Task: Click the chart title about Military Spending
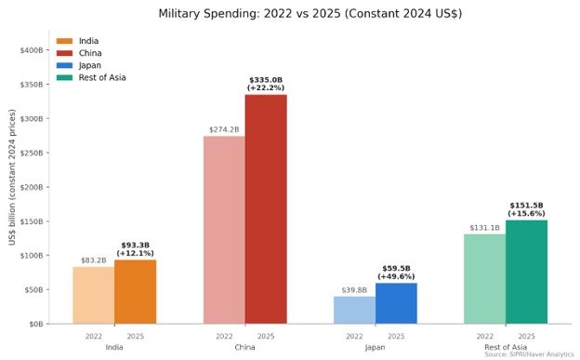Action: click(310, 14)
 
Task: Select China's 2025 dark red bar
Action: click(266, 209)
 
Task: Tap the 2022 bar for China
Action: click(224, 230)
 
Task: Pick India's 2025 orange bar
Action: click(136, 292)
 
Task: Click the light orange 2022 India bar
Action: click(94, 296)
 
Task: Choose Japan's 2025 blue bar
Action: click(396, 303)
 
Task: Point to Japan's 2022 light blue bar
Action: click(355, 311)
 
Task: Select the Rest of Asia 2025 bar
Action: click(526, 273)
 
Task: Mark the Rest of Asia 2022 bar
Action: click(485, 279)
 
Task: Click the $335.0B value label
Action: click(266, 80)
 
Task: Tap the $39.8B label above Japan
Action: click(354, 290)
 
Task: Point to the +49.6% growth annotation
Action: click(396, 276)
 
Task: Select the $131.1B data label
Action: click(485, 228)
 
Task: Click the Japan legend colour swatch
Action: click(64, 65)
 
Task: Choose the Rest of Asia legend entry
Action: click(91, 78)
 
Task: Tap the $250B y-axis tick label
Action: click(32, 153)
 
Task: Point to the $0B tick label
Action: click(36, 325)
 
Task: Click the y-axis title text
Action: click(13, 177)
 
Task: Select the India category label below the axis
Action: click(114, 347)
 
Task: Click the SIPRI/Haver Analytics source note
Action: click(529, 354)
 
